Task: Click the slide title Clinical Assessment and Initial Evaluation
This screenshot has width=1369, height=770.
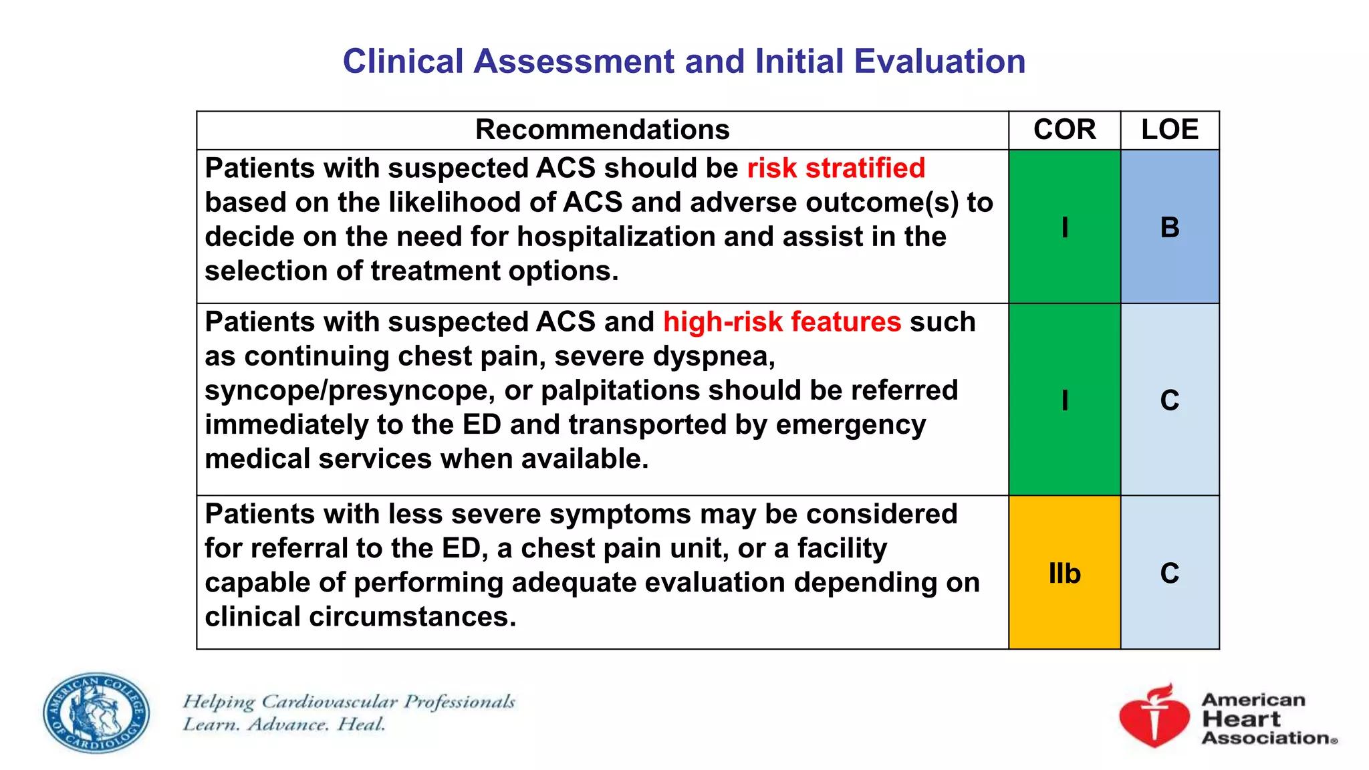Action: [x=684, y=61]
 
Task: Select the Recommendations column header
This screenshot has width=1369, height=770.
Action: [x=602, y=130]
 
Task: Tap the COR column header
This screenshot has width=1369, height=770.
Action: [x=1064, y=130]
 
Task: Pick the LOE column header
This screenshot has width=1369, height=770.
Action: [x=1169, y=130]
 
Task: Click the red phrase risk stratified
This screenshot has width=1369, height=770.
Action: [x=836, y=168]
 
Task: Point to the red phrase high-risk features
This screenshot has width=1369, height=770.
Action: [x=781, y=322]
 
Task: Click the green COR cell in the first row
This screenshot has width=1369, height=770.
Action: [x=1064, y=227]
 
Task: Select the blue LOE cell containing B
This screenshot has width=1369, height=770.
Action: [x=1169, y=227]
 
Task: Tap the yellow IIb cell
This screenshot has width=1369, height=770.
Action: [x=1064, y=573]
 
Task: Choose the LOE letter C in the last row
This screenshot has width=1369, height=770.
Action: [x=1169, y=573]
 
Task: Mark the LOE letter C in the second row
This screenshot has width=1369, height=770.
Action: [x=1169, y=400]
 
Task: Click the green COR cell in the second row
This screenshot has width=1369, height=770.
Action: [x=1064, y=400]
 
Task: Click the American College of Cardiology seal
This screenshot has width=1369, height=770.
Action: [x=96, y=713]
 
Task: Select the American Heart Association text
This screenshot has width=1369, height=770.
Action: [x=1267, y=719]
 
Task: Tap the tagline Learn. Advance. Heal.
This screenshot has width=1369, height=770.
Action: [x=284, y=725]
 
